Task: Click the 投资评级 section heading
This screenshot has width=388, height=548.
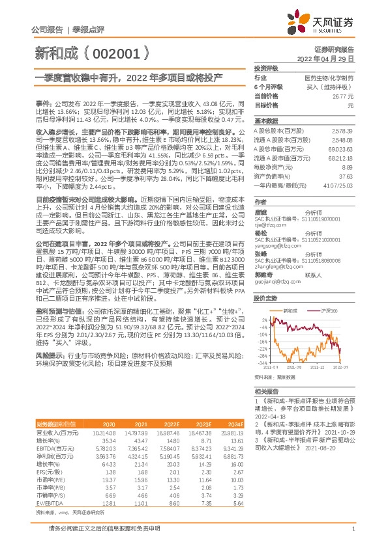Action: coord(265,68)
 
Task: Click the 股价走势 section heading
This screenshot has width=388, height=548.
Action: coord(266,297)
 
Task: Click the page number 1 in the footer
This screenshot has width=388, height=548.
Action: coord(353,530)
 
